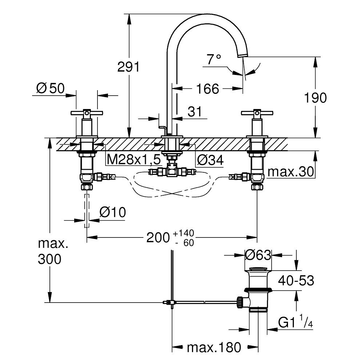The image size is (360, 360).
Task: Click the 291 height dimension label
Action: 128,67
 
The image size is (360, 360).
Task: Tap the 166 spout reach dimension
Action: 208,88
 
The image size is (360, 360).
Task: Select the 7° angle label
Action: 214,59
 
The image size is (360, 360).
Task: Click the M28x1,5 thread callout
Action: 129,159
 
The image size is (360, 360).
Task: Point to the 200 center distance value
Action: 158,238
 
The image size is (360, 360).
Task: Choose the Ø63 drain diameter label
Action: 258,255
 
